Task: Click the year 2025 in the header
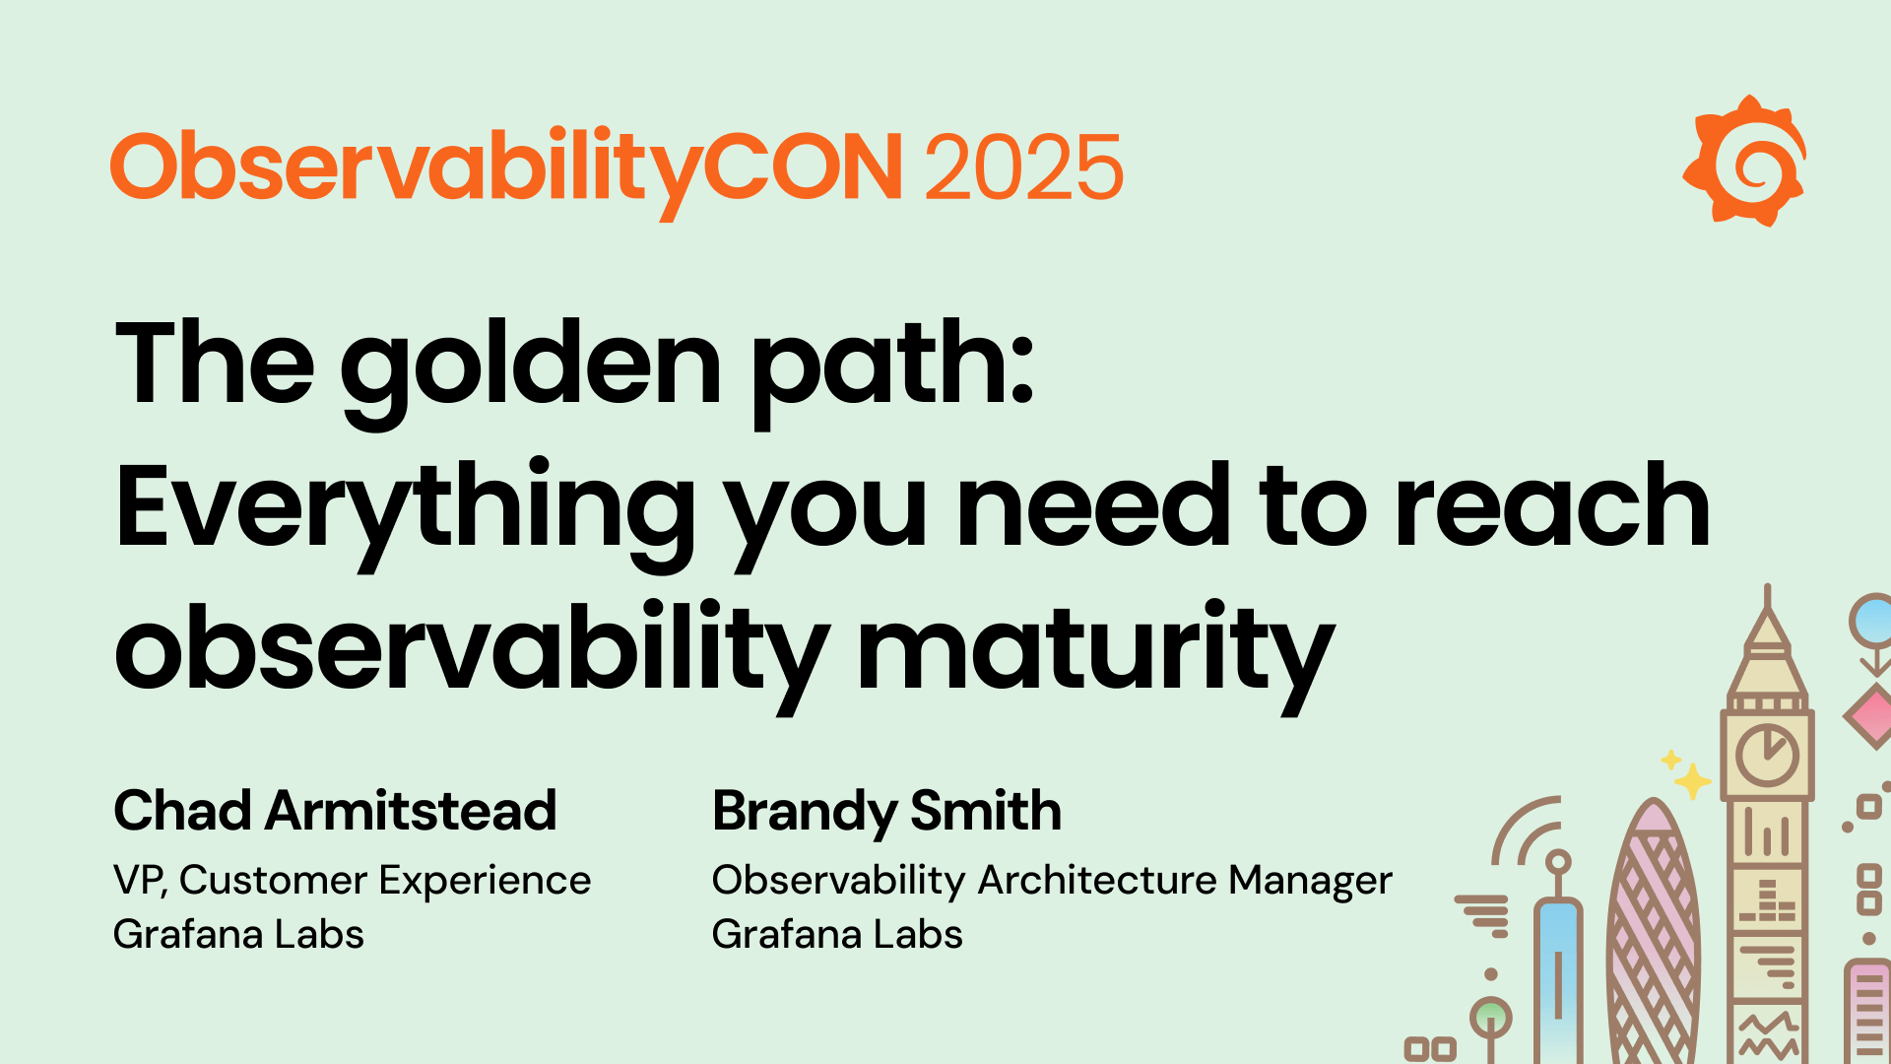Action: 1023,167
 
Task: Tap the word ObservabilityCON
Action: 506,167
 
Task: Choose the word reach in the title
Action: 1553,507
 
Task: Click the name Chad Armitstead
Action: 335,811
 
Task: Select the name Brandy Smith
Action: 886,811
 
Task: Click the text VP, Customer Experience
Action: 352,880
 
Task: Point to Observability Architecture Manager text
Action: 1052,880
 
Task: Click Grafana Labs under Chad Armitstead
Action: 238,934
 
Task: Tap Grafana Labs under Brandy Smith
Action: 837,934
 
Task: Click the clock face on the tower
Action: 1768,756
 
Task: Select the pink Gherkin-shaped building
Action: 1655,936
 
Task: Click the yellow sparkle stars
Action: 1687,776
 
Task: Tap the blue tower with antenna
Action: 1558,975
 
